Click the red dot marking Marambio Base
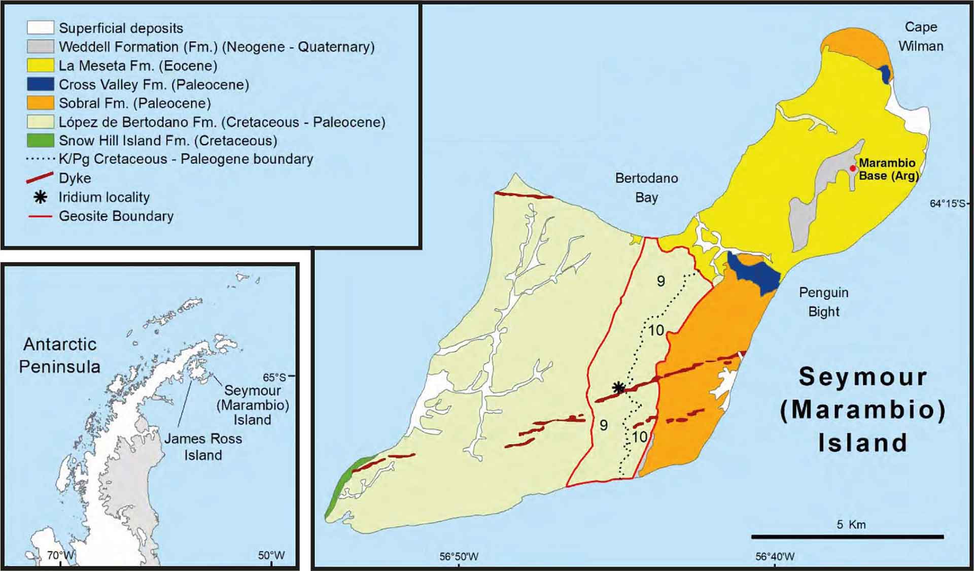point(853,168)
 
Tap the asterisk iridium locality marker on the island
point(618,388)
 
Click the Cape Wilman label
point(921,36)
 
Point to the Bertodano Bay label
point(646,187)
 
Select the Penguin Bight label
point(823,301)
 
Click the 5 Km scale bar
point(847,536)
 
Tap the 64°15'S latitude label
point(947,204)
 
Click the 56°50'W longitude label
point(459,556)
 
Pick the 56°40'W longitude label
point(775,556)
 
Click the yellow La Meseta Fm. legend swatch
point(41,65)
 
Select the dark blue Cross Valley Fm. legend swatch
point(41,84)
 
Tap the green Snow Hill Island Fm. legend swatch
point(41,140)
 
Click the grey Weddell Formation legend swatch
point(41,47)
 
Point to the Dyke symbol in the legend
point(40,178)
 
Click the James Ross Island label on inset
point(203,447)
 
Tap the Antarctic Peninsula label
point(60,355)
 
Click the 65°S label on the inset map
point(274,377)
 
